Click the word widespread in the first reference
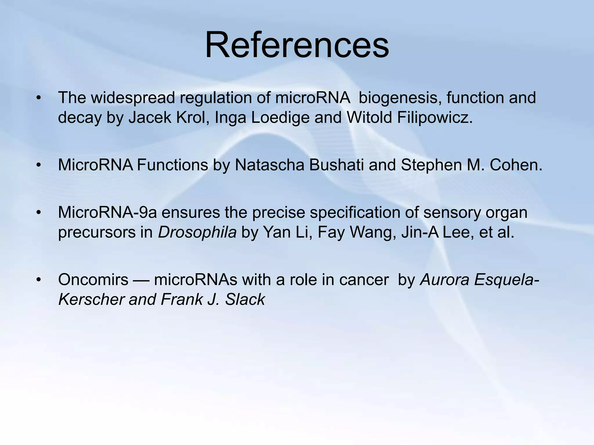[x=133, y=98]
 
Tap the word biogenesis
[x=400, y=98]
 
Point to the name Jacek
[x=150, y=117]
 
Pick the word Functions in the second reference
[x=172, y=165]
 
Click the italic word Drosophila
[x=197, y=232]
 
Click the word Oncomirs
[x=93, y=280]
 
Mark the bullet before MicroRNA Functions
[x=39, y=165]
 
